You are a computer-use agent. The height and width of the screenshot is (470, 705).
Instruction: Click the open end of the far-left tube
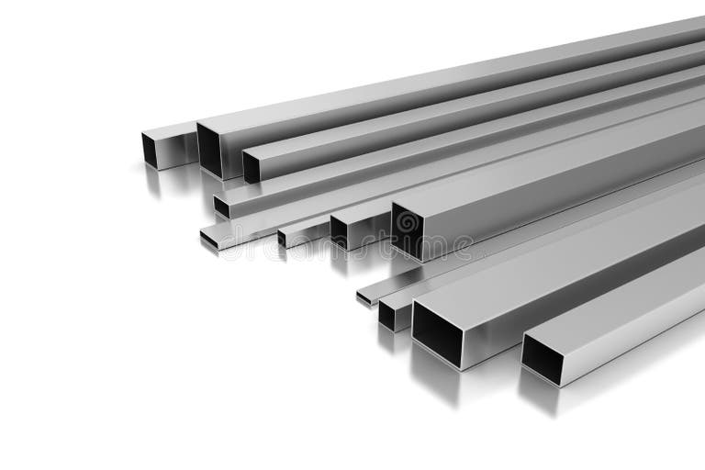click(x=155, y=150)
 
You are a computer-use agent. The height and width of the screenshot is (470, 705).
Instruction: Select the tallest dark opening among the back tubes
click(x=208, y=151)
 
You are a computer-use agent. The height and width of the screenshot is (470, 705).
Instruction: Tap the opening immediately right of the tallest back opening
click(x=251, y=167)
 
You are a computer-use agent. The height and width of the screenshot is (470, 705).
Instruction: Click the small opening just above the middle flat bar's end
click(x=221, y=207)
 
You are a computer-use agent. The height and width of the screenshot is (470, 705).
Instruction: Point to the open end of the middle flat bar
click(x=210, y=239)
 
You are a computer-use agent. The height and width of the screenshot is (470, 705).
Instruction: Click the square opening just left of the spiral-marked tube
click(x=339, y=230)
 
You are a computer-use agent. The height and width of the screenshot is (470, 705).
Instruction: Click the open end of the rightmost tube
click(x=543, y=359)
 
